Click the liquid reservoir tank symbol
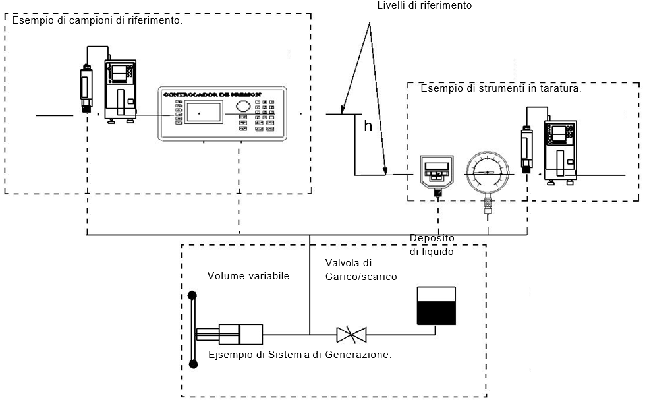tap(436, 306)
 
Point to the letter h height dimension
tap(368, 127)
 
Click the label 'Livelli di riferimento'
tap(424, 5)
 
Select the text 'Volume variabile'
tap(248, 276)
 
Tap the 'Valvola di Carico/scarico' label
tap(361, 270)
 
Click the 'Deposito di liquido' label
tap(432, 244)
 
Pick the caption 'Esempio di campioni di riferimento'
tap(97, 21)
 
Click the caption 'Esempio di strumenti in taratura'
tap(501, 88)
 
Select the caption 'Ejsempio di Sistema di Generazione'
tap(300, 355)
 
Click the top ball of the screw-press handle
tap(192, 295)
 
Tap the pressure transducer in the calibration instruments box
tap(526, 148)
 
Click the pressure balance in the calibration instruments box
tap(559, 150)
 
